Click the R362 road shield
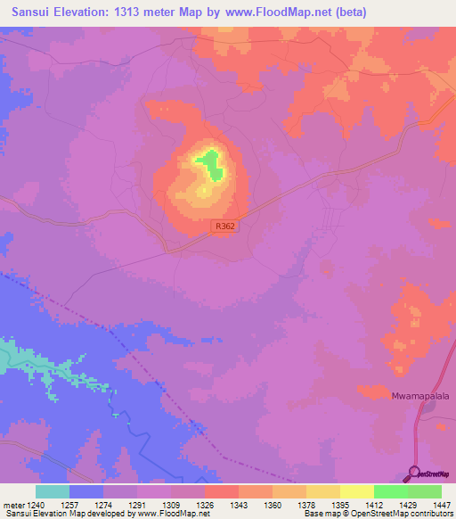pyautogui.click(x=225, y=227)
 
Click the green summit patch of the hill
pyautogui.click(x=210, y=163)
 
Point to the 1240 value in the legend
pyautogui.click(x=37, y=504)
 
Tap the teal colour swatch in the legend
pyautogui.click(x=53, y=491)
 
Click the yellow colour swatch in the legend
pyautogui.click(x=356, y=491)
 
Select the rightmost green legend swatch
pyautogui.click(x=424, y=491)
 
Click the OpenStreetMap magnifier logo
pyautogui.click(x=414, y=473)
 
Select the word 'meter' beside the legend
pyautogui.click(x=14, y=504)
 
